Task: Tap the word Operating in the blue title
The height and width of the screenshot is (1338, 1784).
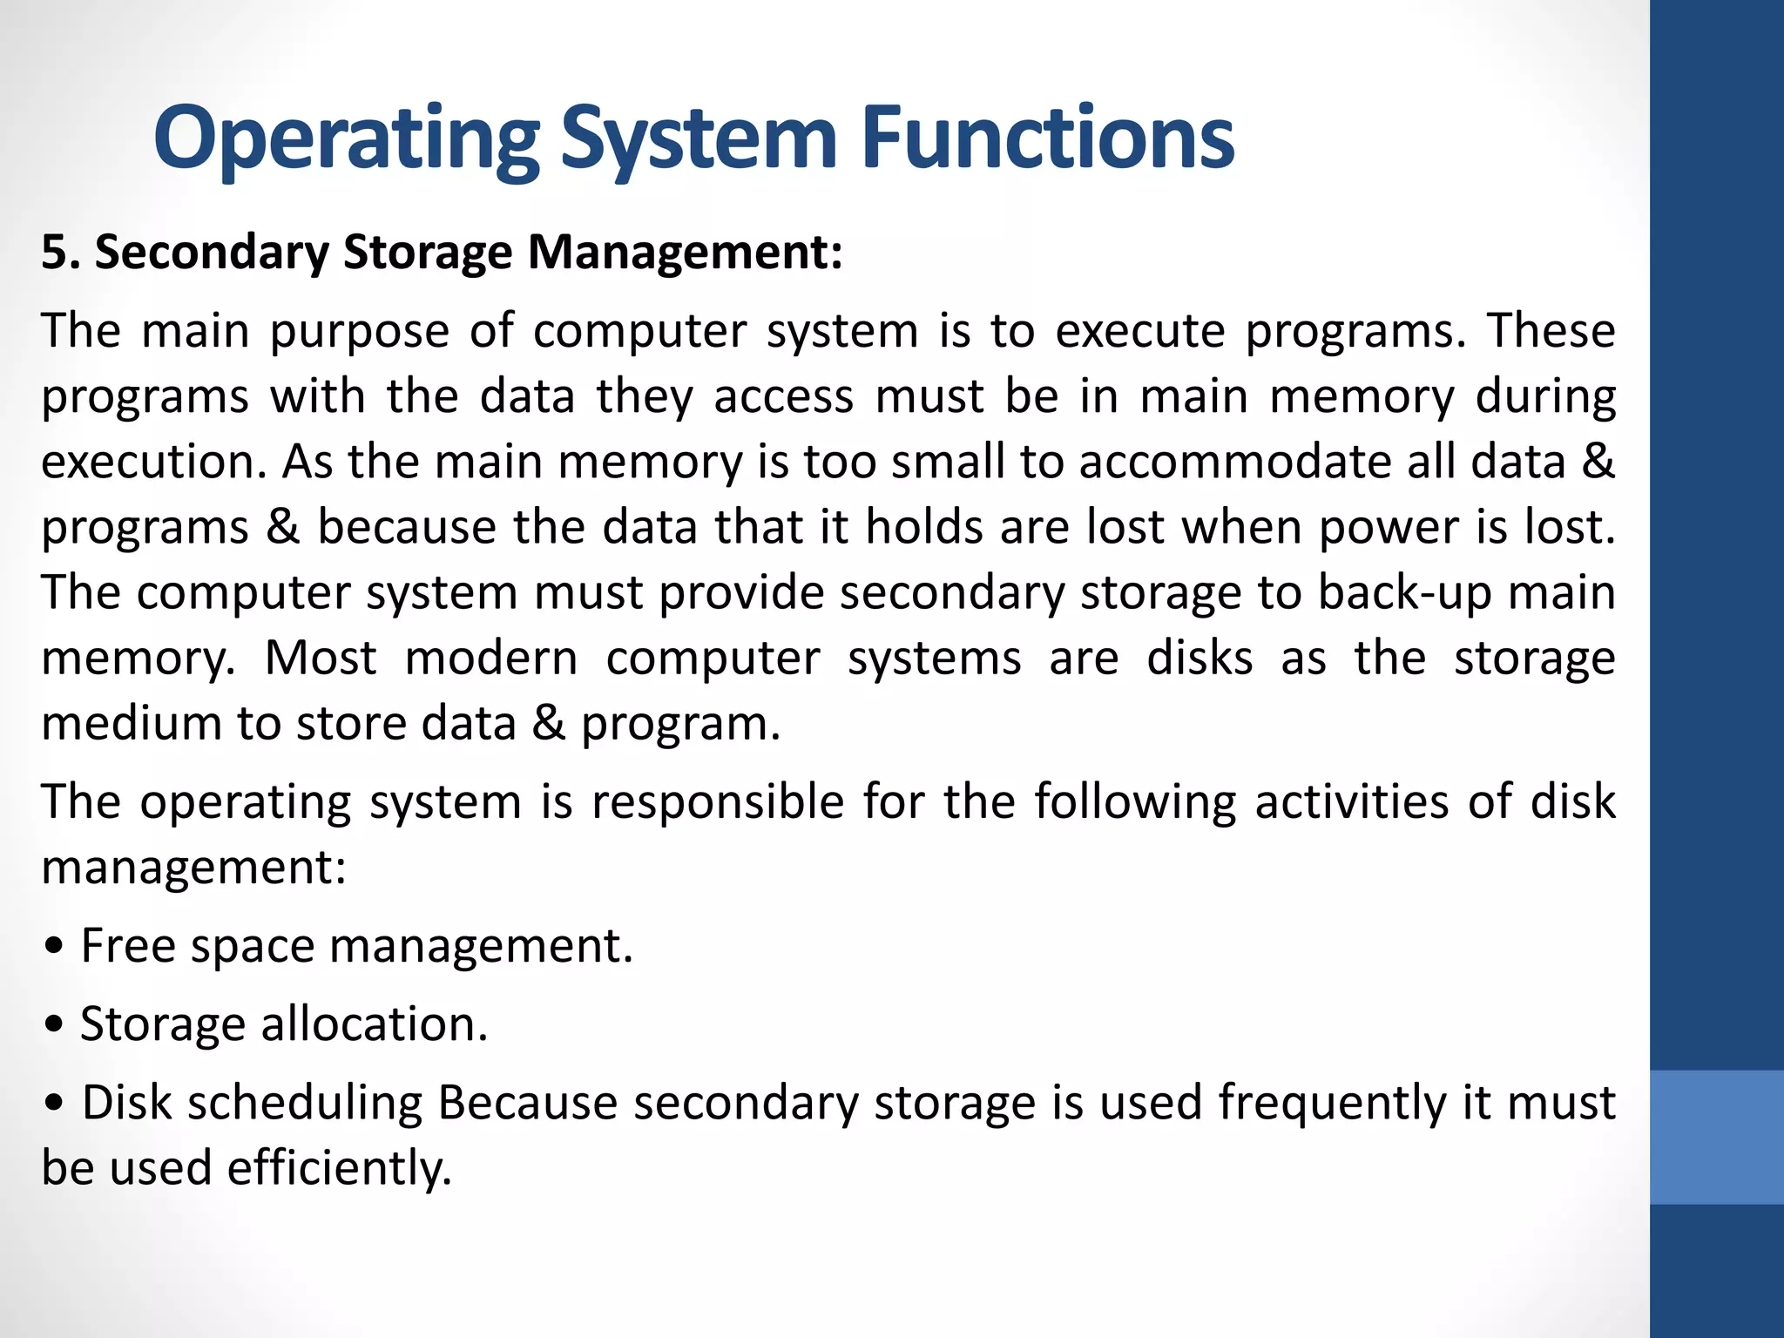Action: [x=347, y=138]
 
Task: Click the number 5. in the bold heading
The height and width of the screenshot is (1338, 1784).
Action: [x=61, y=253]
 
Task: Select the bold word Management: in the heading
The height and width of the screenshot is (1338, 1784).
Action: [x=686, y=253]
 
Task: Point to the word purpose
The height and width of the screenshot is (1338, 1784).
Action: [x=360, y=332]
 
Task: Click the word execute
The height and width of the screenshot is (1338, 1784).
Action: [x=1140, y=332]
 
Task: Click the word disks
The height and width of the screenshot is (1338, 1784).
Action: [x=1199, y=658]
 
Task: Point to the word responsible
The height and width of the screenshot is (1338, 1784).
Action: [x=718, y=801]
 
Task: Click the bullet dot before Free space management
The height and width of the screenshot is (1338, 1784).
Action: [x=55, y=948]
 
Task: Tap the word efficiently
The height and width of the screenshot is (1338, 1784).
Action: [x=340, y=1168]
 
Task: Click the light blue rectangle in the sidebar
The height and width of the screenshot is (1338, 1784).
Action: [x=1717, y=1137]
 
